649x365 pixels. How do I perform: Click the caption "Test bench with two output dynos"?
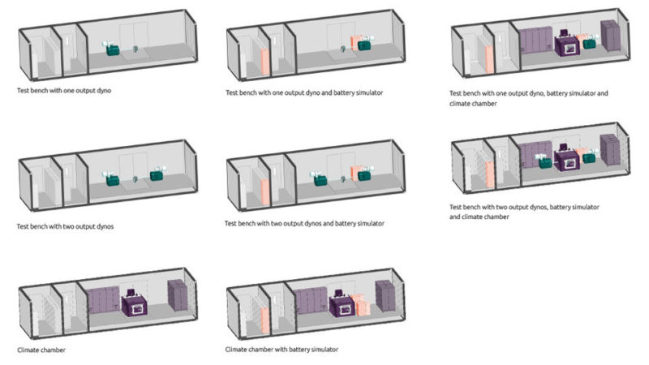(x=65, y=226)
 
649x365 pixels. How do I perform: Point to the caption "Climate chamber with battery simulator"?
(x=282, y=349)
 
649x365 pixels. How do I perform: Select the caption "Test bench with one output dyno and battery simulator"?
(x=304, y=92)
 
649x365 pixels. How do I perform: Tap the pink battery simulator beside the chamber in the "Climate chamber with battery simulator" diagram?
(x=363, y=305)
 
